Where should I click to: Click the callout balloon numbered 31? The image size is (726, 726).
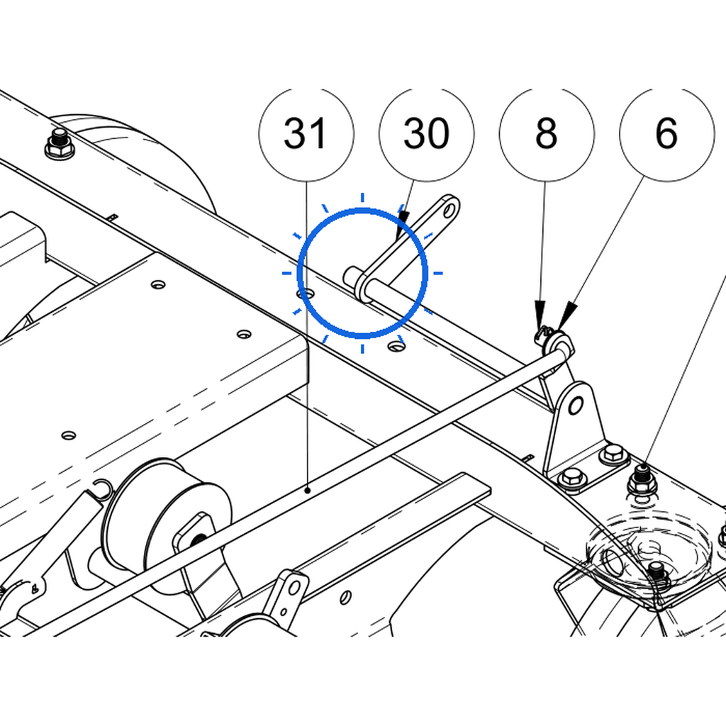click(x=306, y=134)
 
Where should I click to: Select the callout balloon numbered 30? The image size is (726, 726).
click(x=426, y=134)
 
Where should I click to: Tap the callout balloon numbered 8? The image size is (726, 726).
click(x=547, y=134)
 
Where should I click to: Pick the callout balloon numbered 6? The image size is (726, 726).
click(x=667, y=134)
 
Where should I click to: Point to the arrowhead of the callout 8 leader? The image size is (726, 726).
click(x=540, y=315)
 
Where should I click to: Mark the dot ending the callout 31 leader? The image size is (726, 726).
click(x=307, y=489)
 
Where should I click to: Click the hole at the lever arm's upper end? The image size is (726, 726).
click(x=449, y=211)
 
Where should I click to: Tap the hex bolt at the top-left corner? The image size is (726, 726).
click(x=60, y=143)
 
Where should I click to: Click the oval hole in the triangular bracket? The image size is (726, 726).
click(x=575, y=406)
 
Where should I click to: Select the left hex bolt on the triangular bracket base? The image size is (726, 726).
click(x=573, y=477)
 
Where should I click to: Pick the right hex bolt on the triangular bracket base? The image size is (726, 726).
click(x=613, y=453)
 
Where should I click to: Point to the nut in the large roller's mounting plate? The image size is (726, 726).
click(x=199, y=539)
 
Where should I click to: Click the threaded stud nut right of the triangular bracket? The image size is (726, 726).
click(x=641, y=481)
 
